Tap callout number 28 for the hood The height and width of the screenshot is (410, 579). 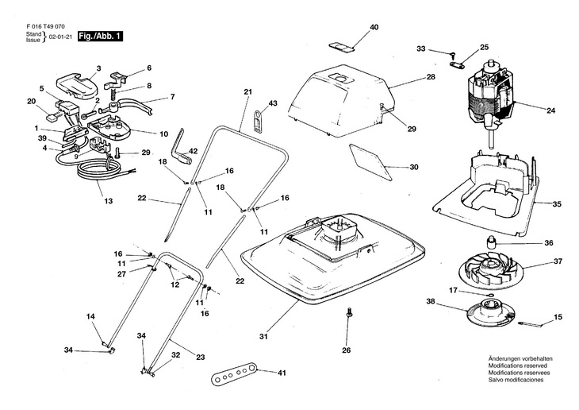[x=431, y=77]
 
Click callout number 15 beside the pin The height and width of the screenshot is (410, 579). [x=558, y=318]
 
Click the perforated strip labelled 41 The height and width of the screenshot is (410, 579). [x=235, y=373]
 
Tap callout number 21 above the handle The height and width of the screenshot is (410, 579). [x=247, y=93]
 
